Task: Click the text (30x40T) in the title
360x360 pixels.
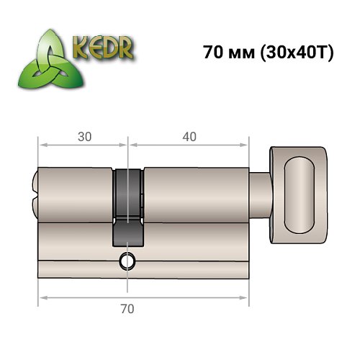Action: tap(294, 54)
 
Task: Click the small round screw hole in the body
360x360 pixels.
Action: tap(127, 261)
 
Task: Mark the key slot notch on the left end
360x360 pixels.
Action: tap(37, 191)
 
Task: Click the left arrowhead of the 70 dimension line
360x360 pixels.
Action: tap(42, 297)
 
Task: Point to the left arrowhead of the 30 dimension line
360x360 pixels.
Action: tap(42, 145)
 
